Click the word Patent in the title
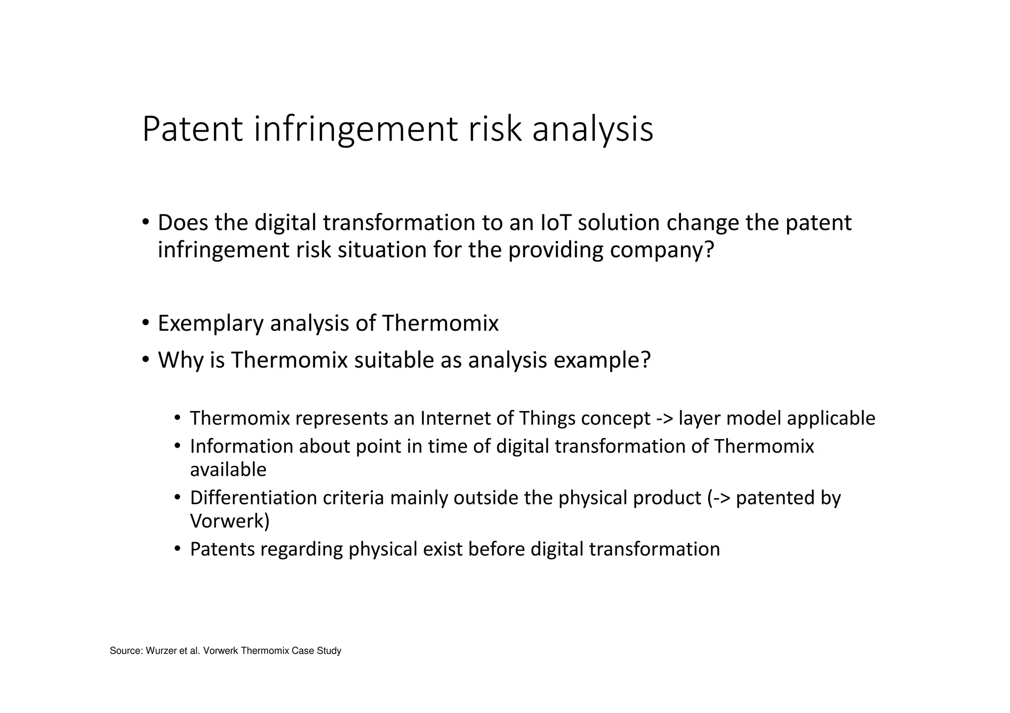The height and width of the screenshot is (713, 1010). [192, 129]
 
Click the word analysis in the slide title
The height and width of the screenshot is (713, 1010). [592, 129]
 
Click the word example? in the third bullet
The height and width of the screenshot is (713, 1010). [602, 360]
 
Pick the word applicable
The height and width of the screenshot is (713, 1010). [831, 418]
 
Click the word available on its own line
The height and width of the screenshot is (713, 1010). [228, 470]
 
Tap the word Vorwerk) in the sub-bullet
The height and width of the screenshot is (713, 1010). [230, 521]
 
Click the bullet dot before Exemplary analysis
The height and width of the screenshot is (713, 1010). [145, 323]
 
